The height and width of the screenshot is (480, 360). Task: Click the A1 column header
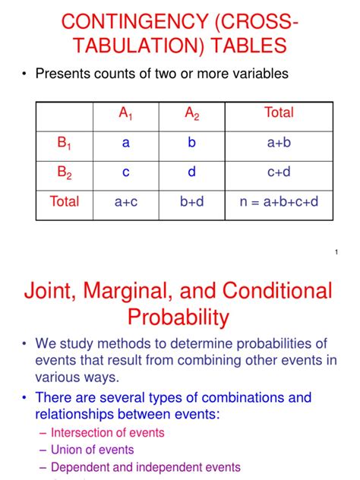tap(126, 114)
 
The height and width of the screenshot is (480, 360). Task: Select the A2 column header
tap(192, 114)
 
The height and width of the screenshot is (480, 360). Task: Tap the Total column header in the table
tap(279, 113)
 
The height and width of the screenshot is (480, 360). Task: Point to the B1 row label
tap(65, 143)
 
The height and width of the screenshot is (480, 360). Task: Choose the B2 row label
tap(65, 172)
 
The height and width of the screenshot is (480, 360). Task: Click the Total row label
tap(65, 201)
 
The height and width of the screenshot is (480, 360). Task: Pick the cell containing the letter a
tap(126, 143)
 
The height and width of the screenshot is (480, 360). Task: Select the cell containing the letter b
tap(192, 143)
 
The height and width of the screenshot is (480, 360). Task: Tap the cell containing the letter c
tap(126, 172)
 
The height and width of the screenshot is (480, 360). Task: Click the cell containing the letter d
tap(192, 172)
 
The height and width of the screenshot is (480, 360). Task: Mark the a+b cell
tap(279, 143)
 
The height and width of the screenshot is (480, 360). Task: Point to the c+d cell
tap(279, 172)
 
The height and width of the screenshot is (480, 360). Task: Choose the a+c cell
tap(126, 201)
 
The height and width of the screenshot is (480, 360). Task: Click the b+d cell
tap(192, 201)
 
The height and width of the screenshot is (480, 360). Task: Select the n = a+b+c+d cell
tap(279, 201)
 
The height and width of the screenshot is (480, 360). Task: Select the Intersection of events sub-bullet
tap(107, 433)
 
